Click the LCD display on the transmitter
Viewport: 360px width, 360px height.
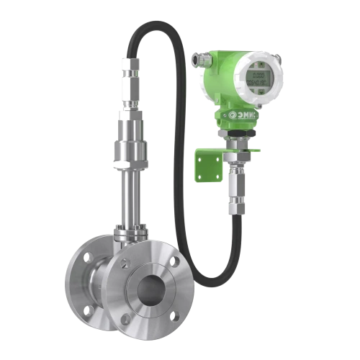point(258,73)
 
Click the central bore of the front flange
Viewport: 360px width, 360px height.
point(154,288)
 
